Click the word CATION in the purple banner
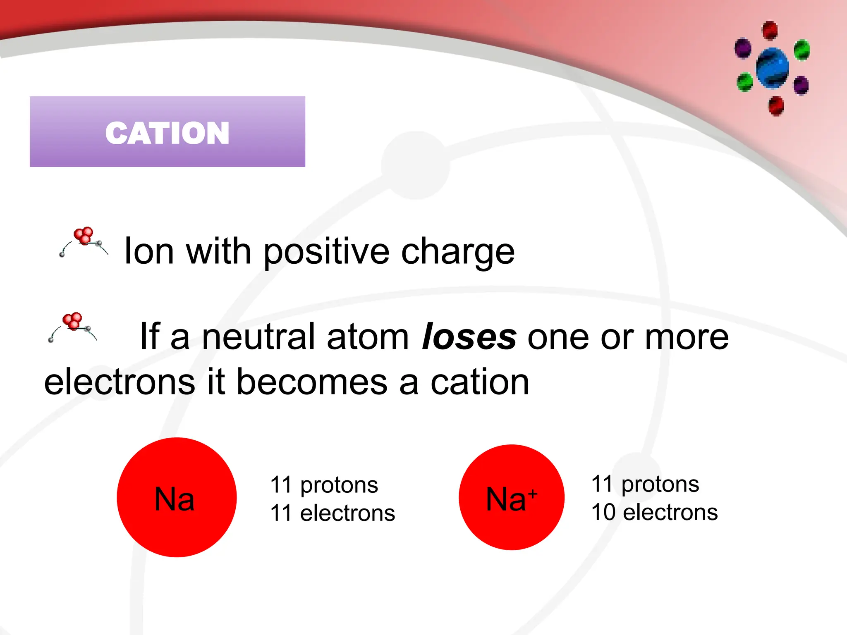[x=167, y=133]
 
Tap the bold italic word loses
[x=469, y=337]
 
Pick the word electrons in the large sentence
[x=120, y=382]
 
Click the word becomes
[x=312, y=382]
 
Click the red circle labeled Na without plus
[x=177, y=497]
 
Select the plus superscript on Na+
[x=533, y=494]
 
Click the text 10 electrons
[x=654, y=512]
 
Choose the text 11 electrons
[x=333, y=513]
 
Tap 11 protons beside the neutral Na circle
[x=324, y=485]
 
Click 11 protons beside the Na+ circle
[x=645, y=484]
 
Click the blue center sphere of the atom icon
[x=772, y=68]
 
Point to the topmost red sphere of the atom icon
[x=770, y=31]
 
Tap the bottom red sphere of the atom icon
[x=776, y=106]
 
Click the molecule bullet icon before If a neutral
[x=73, y=327]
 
